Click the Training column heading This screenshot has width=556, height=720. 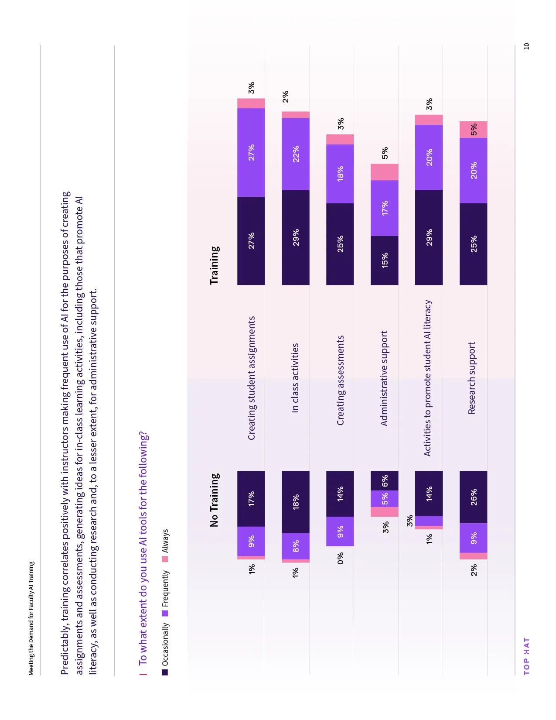tap(214, 265)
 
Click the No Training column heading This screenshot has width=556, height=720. tap(214, 500)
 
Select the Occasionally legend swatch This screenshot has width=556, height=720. tap(165, 672)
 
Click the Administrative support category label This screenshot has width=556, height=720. tap(384, 378)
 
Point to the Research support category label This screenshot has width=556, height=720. tap(471, 378)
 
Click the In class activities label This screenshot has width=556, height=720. tap(295, 378)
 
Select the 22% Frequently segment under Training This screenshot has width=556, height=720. tap(296, 154)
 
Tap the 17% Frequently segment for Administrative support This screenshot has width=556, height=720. tap(384, 208)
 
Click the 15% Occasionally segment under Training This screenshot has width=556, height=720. tap(384, 261)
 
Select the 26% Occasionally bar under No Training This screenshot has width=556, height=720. tap(473, 497)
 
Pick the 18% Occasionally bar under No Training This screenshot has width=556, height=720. tap(296, 502)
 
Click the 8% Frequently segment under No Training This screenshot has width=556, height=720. tap(296, 546)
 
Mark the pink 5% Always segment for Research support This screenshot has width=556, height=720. tap(473, 130)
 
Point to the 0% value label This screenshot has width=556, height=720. tap(340, 558)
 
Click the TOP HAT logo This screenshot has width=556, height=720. tap(526, 656)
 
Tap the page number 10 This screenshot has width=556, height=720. tap(526, 46)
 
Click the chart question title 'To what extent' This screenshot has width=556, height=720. tap(143, 548)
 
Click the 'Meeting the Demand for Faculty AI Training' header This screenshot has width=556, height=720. tap(31, 618)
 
